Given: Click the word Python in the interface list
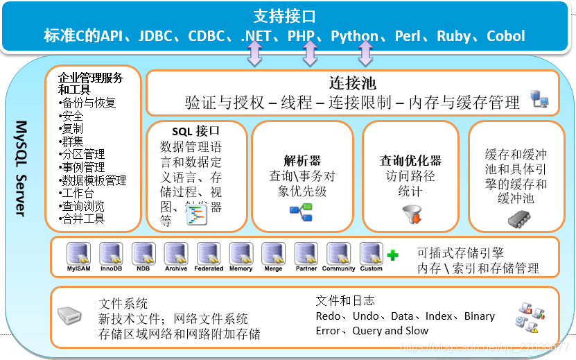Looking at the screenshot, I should (354, 36).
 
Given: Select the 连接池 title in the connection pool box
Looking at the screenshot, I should (353, 84).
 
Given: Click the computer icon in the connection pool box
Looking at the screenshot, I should (540, 100).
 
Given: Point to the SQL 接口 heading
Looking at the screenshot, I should (196, 130).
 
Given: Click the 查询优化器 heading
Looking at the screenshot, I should (411, 161).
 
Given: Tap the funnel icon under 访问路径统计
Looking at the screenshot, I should (412, 215).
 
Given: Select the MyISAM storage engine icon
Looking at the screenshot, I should (78, 252).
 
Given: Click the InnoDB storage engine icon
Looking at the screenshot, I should (111, 252).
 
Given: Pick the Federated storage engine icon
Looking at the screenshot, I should (209, 252).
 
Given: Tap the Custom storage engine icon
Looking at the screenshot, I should (371, 252).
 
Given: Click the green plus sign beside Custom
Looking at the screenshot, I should (393, 255).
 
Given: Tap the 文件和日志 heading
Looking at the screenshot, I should (345, 300).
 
